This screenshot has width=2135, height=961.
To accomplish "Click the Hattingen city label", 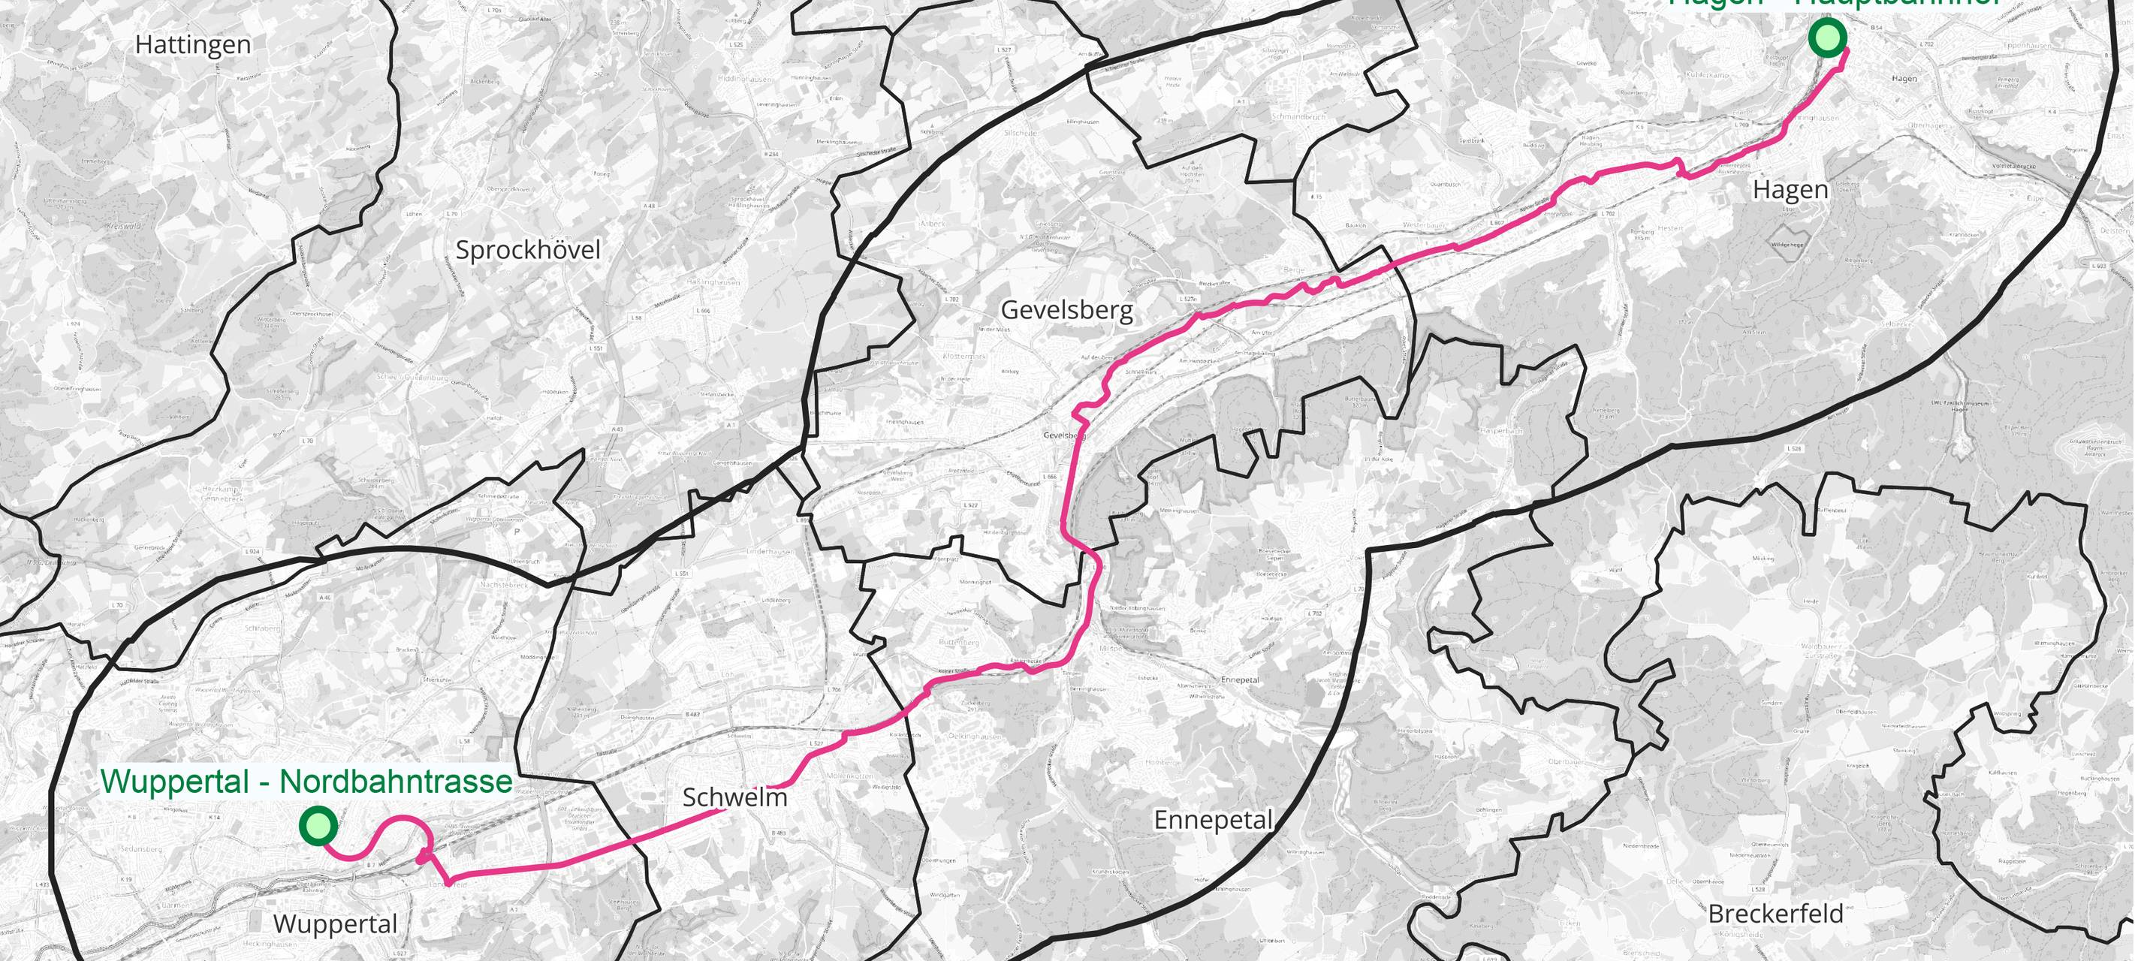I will (x=193, y=45).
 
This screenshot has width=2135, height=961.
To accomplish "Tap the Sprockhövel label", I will (x=528, y=249).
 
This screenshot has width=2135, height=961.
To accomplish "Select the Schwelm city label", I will (x=734, y=797).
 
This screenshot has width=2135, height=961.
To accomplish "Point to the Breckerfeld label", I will (x=1775, y=914).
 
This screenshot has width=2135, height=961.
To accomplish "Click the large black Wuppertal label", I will (x=335, y=923).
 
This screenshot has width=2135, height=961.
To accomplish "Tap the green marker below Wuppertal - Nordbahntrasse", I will (x=318, y=826).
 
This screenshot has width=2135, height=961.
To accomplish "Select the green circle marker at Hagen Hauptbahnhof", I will (x=1826, y=38).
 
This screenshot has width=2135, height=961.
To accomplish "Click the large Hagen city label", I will (x=1790, y=190).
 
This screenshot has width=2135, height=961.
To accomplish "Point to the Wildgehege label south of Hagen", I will (x=1787, y=246).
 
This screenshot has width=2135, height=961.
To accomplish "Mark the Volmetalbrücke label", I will (x=2022, y=167).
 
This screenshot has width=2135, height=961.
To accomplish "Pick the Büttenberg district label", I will (x=959, y=642).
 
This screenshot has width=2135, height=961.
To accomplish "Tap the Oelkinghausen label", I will (x=974, y=736).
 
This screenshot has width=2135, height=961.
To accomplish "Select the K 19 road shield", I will (x=126, y=879).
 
